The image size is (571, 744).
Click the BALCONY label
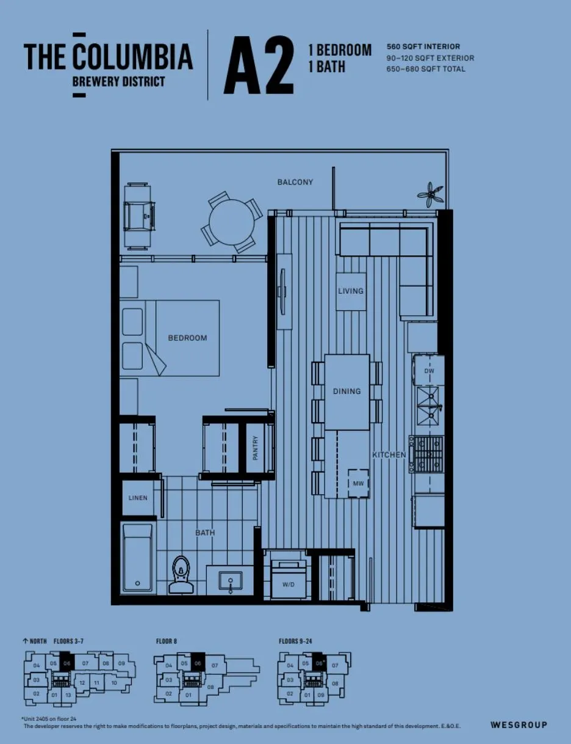click(295, 182)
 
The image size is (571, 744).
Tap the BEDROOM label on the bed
click(187, 338)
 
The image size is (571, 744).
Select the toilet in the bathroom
click(180, 576)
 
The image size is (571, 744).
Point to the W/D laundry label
click(288, 585)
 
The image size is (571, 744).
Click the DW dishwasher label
click(429, 371)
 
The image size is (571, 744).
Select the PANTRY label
click(256, 448)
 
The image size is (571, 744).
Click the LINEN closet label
click(138, 498)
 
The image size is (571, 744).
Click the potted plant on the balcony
click(431, 194)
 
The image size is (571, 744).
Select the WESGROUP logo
click(519, 725)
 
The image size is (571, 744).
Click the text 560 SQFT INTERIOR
click(423, 46)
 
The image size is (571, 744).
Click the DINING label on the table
click(347, 391)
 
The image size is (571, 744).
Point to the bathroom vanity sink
click(231, 580)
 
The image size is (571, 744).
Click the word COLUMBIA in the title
click(133, 57)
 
